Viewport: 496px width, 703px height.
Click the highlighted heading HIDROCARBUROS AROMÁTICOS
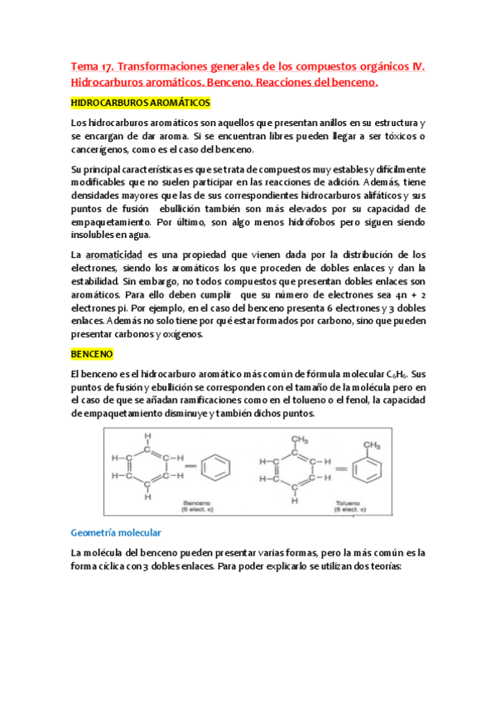point(141,103)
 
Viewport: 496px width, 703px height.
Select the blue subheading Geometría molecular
point(116,532)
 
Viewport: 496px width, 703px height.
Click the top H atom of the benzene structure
point(147,435)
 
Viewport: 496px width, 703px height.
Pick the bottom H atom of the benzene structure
point(147,497)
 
